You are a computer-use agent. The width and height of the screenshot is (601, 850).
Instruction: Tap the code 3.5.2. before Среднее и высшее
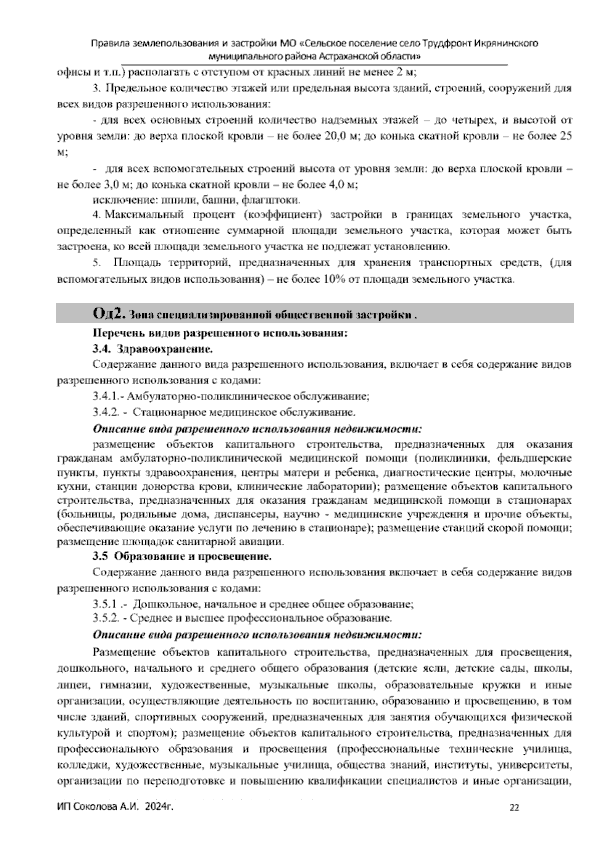(105, 617)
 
